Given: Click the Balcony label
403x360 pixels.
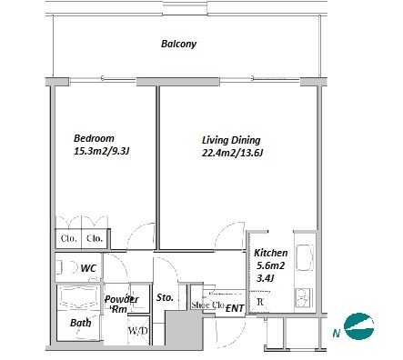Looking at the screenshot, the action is coord(178,44).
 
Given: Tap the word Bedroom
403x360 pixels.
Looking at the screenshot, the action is coord(94,138).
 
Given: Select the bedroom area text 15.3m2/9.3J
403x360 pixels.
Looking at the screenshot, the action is coord(102,151).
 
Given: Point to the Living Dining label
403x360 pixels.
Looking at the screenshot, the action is coord(231,140).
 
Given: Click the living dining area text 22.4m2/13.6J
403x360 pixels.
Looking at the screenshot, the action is coord(232,153).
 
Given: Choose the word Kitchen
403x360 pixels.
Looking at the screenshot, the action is coord(271,253).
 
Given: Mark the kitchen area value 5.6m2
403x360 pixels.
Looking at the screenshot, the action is coord(270,265).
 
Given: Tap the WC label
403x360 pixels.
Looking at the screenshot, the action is coord(88,268).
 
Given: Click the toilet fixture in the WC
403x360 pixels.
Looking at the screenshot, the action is coord(67,267).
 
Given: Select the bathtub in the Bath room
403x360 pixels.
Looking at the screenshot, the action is coord(78,298).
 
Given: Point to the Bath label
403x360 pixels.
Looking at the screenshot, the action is coord(80,323).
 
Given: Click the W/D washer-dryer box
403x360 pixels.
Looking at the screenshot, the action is coord(138,330).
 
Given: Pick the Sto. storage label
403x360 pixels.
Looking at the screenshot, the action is coord(165,297).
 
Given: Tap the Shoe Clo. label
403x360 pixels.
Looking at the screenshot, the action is coord(208,305).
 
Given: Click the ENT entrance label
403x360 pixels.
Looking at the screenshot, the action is coord(235,308).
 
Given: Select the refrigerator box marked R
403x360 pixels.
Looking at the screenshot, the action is coord(259,302).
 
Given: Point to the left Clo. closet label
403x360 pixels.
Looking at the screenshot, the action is coord(68,238).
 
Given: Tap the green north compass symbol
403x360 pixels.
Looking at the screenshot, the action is coord(359,326).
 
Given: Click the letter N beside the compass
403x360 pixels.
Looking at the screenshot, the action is coord(336,334).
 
